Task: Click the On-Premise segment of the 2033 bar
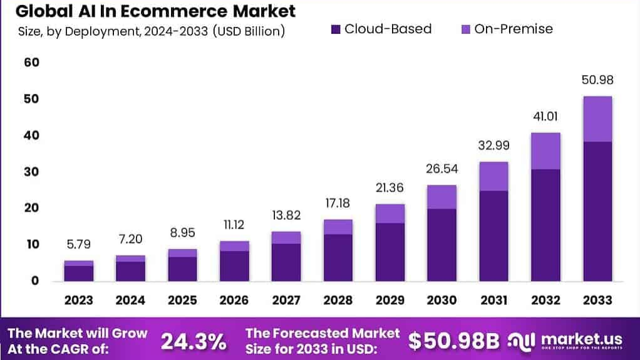[x=597, y=119]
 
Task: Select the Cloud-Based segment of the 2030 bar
[x=441, y=244]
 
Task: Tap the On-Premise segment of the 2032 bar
[x=545, y=151]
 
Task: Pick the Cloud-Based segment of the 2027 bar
[x=286, y=262]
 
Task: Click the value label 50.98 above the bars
[x=597, y=80]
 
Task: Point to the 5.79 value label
[x=79, y=245]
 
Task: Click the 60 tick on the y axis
[x=31, y=62]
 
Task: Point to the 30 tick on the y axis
[x=31, y=172]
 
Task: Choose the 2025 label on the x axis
[x=182, y=301]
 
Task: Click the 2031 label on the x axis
[x=493, y=301]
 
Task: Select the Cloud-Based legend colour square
[x=334, y=29]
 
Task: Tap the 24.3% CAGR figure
[x=194, y=341]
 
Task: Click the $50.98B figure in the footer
[x=454, y=341]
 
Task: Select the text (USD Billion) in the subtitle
[x=249, y=31]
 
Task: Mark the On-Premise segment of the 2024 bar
[x=130, y=259]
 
